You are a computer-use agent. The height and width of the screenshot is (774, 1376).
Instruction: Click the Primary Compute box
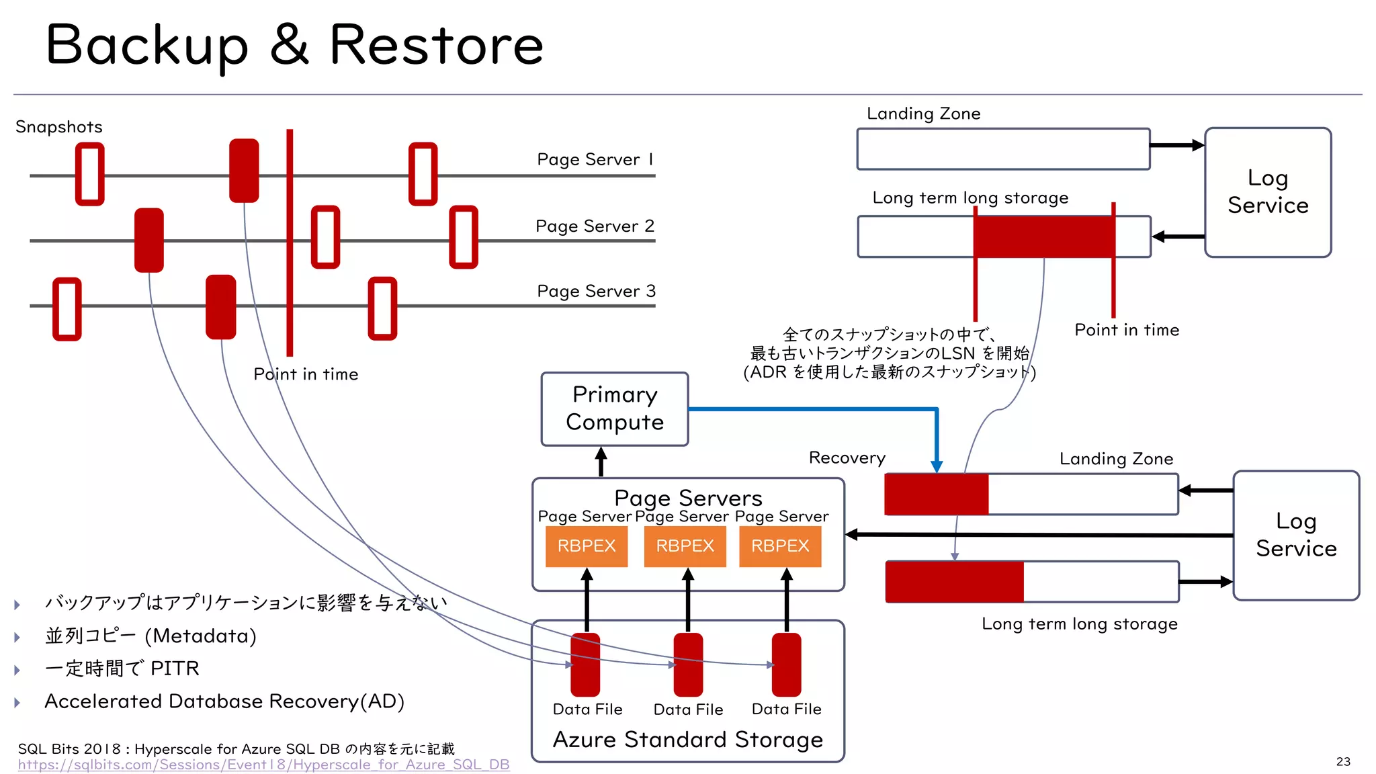[x=614, y=408]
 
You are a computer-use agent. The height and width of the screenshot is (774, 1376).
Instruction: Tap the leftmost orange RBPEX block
[x=586, y=546]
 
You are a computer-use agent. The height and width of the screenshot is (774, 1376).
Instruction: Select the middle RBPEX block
[x=685, y=546]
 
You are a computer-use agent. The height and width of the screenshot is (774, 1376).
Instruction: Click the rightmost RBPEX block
[x=780, y=546]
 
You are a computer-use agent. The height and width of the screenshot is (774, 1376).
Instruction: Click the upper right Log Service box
[x=1267, y=192]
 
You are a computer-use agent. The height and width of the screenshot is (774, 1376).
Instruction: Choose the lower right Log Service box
[x=1295, y=535]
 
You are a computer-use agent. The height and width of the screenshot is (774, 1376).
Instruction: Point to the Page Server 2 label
[x=595, y=226]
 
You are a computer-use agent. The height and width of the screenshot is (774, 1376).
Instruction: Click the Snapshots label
[x=59, y=127]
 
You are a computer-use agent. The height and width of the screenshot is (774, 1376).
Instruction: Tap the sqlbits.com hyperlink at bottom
[x=263, y=765]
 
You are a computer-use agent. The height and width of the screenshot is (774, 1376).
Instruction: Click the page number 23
[x=1343, y=761]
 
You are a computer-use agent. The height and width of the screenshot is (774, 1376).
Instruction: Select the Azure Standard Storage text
[x=687, y=739]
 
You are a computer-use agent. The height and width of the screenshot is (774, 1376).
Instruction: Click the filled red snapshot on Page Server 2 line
[x=149, y=240]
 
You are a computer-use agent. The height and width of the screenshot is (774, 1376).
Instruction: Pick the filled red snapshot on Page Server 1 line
[x=244, y=171]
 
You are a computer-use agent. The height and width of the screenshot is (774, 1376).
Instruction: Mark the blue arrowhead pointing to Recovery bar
[x=937, y=466]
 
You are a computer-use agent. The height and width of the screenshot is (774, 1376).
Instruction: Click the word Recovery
[x=847, y=458]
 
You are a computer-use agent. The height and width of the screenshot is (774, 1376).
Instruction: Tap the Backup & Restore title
[x=294, y=45]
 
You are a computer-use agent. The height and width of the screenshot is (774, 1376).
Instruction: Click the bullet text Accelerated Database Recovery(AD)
[x=224, y=701]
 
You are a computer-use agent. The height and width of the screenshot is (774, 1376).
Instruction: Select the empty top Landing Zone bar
[x=1003, y=148]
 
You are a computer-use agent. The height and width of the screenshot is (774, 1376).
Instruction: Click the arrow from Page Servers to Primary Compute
[x=601, y=462]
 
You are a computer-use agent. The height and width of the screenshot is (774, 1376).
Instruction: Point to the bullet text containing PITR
[x=122, y=669]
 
